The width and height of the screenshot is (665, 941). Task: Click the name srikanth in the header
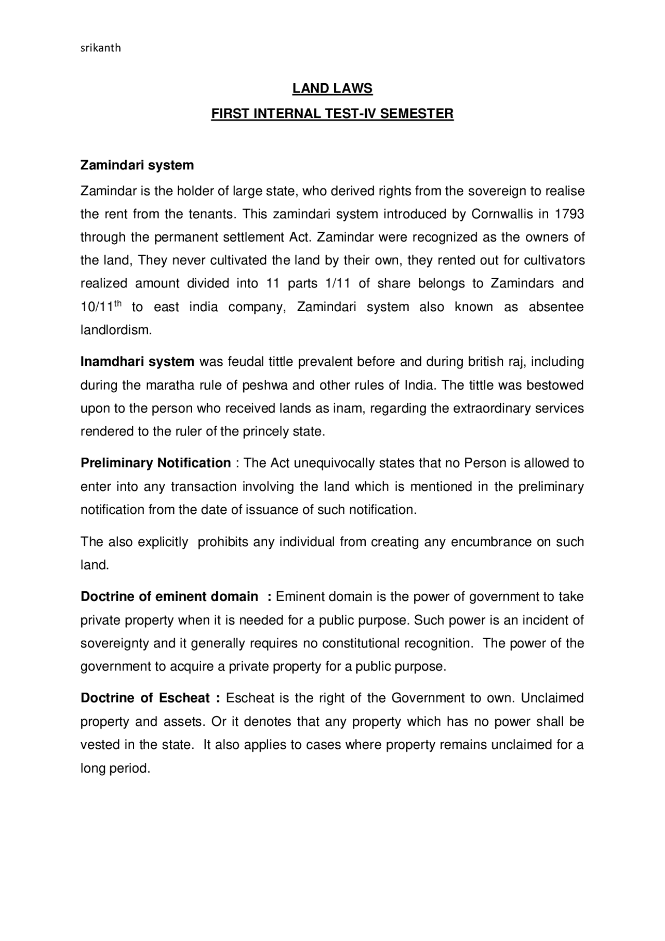coord(101,48)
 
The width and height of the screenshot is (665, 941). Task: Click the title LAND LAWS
coord(332,89)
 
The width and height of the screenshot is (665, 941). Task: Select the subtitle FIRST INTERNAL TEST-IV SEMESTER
coord(332,113)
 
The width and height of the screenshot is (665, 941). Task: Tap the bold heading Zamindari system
coord(137,165)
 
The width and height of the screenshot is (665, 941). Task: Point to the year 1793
coord(569,214)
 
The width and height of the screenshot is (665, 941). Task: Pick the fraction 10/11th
coord(101,307)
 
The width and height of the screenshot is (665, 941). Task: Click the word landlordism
coord(116,330)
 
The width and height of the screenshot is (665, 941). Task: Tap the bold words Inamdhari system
coord(137,362)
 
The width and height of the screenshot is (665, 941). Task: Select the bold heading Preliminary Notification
coord(156,463)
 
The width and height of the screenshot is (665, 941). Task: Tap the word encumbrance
coord(491,542)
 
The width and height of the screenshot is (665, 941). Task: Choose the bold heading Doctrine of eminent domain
coord(169,597)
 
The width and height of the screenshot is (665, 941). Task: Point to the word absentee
coord(556,307)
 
